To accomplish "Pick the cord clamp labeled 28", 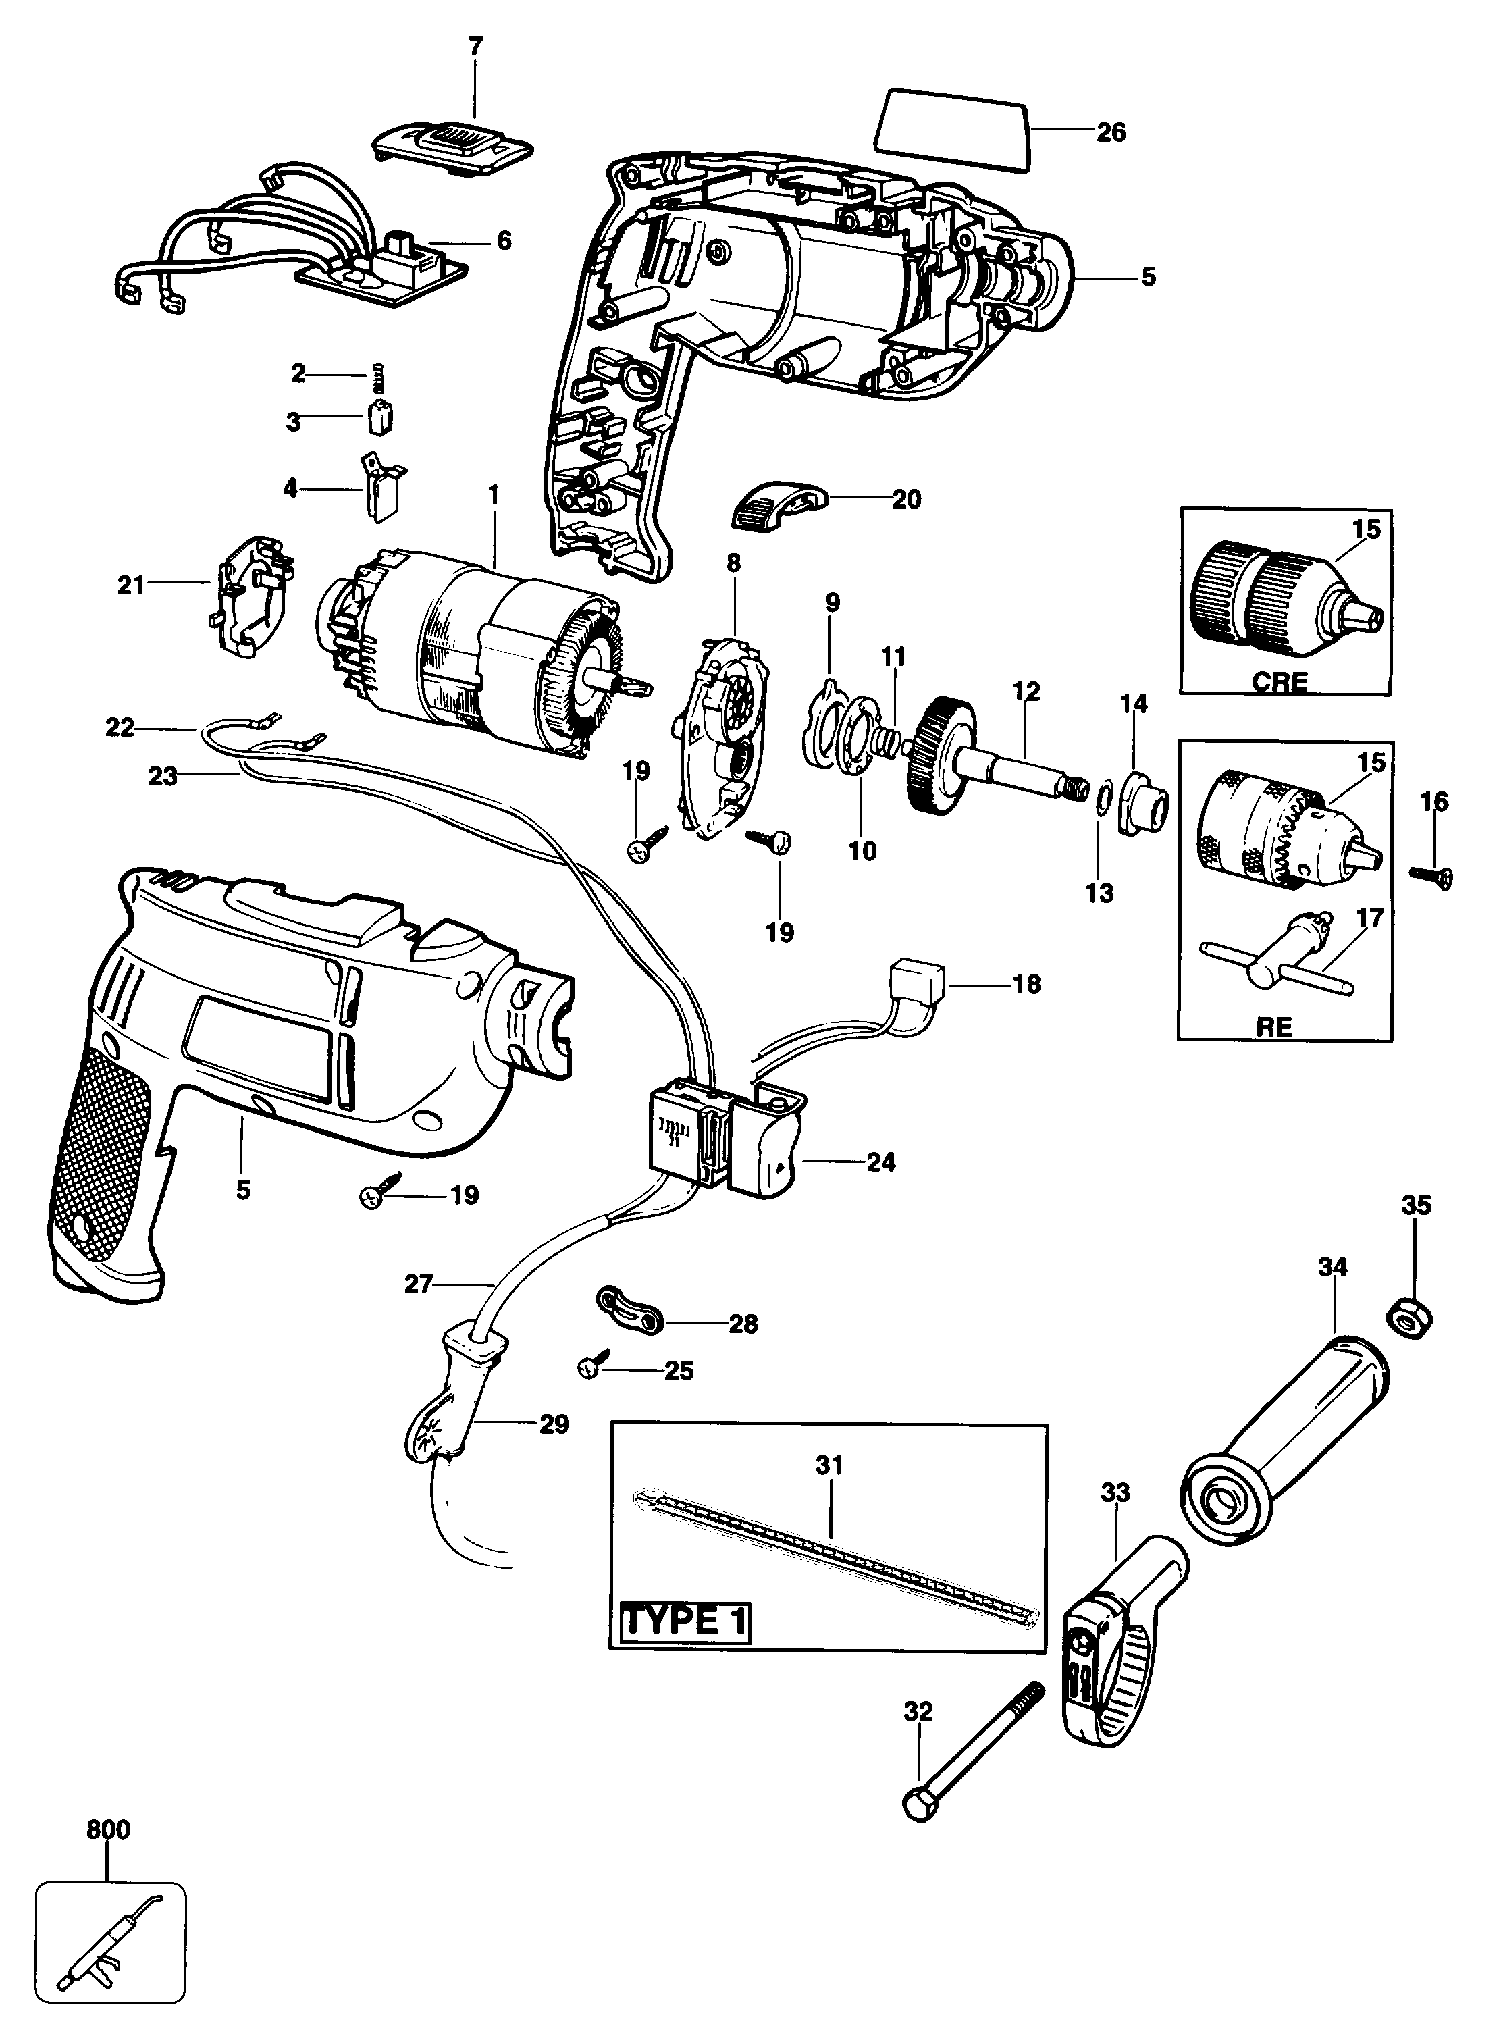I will (630, 1310).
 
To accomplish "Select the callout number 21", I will (131, 585).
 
